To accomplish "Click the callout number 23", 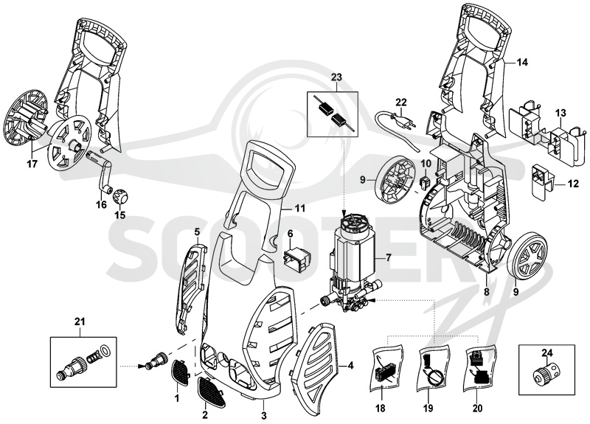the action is pyautogui.click(x=336, y=77).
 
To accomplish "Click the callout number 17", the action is pyautogui.click(x=32, y=164).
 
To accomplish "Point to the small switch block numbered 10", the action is pyautogui.click(x=425, y=182).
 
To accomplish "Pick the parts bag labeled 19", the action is pyautogui.click(x=434, y=366).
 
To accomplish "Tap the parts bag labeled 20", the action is pyautogui.click(x=479, y=366).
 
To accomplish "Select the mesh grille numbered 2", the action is pyautogui.click(x=212, y=393).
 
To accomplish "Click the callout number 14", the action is pyautogui.click(x=522, y=62).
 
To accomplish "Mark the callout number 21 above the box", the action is pyautogui.click(x=80, y=322).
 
